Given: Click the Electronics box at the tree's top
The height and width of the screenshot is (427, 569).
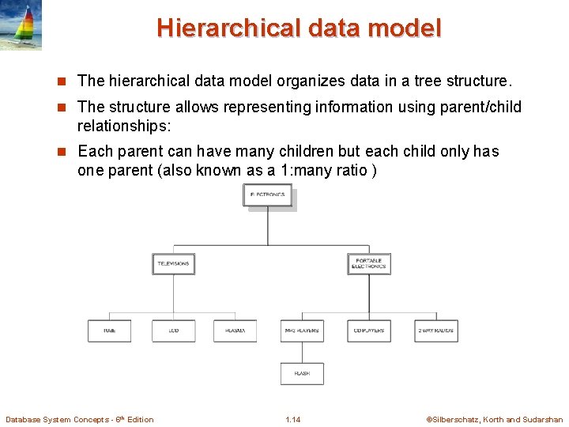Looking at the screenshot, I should coord(267,195).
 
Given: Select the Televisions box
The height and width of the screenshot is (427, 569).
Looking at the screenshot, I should coord(173,264).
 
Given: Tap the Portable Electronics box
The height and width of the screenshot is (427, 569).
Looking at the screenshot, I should coord(369,264).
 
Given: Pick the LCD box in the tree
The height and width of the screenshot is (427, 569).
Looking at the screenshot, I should coord(173,331).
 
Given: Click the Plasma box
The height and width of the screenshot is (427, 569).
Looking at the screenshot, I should coord(235,331).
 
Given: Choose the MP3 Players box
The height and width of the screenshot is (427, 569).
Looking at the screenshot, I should coord(301,331).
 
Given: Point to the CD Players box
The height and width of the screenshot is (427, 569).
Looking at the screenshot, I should coord(369,331).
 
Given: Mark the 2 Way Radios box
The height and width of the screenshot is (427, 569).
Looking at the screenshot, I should coord(436,331).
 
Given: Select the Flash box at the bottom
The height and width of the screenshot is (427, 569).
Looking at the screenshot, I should coord(301,373).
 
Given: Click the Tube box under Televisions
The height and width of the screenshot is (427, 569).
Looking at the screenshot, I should coord(109,331).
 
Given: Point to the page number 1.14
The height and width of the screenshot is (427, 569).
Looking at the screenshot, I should coord(292,419).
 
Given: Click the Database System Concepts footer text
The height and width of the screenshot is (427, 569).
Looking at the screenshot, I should coord(79,419).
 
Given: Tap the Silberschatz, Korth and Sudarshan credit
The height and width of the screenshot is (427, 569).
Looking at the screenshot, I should coord(494,419).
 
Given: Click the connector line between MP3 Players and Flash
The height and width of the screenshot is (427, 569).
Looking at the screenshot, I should coord(301,352).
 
